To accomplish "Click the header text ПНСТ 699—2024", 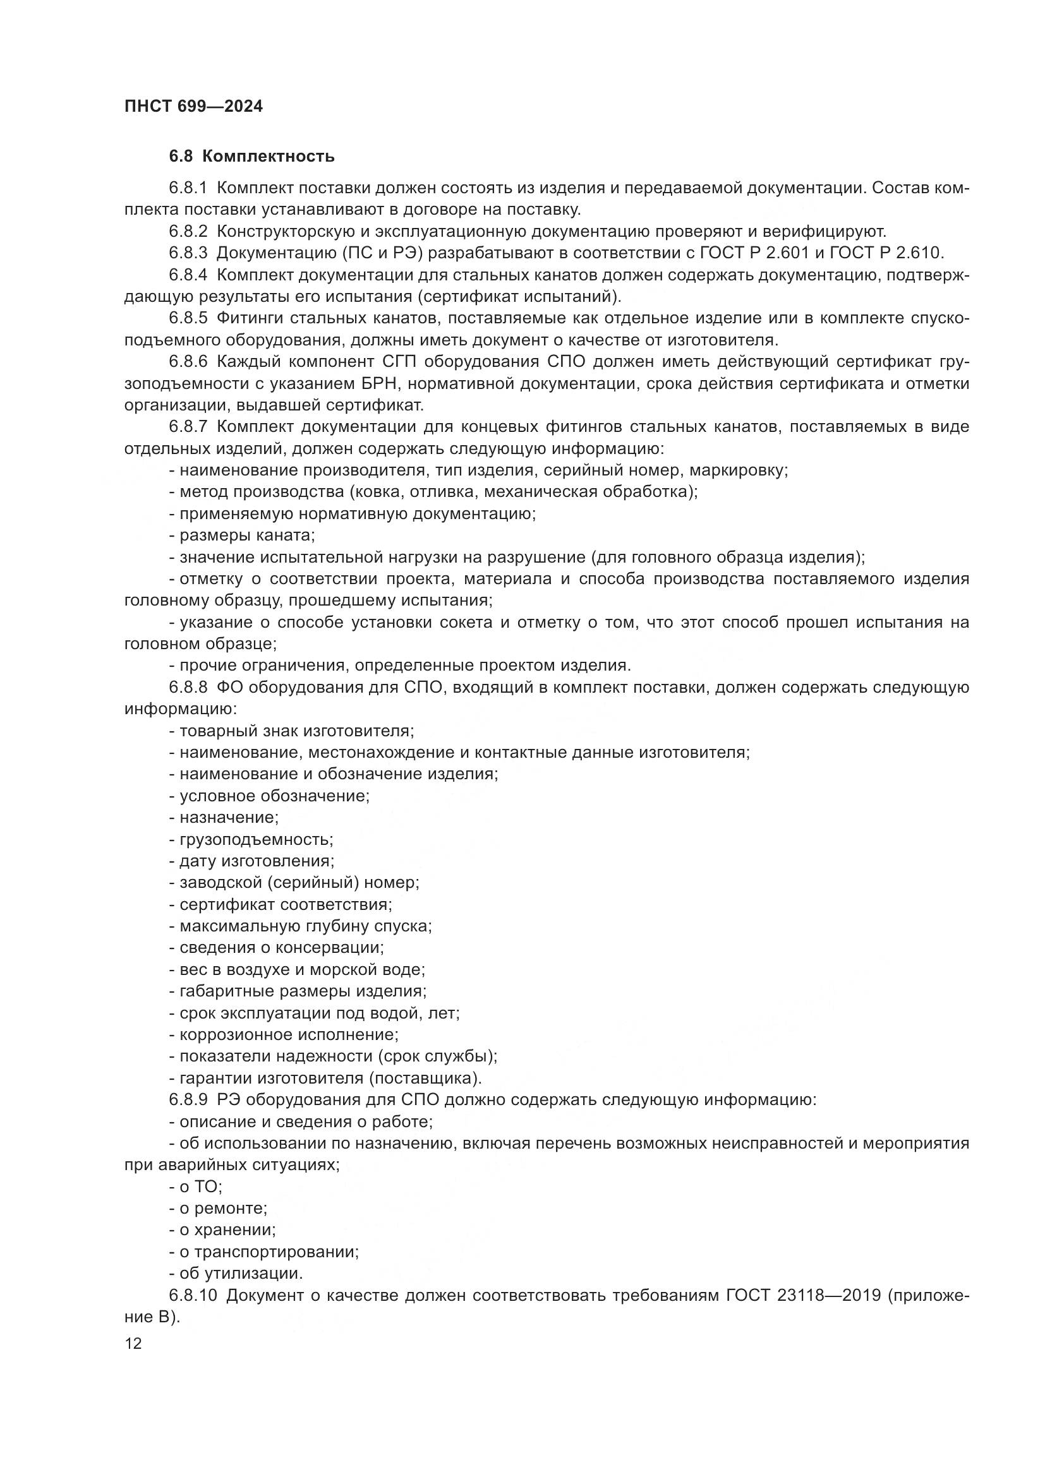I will [x=193, y=106].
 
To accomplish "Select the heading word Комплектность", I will [x=272, y=157].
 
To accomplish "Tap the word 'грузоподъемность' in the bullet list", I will [x=255, y=839].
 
